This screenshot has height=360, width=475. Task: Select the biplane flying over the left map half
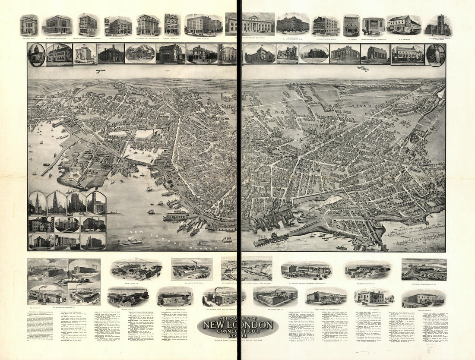pyautogui.click(x=101, y=71)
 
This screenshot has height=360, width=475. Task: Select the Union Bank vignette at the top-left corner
pyautogui.click(x=29, y=25)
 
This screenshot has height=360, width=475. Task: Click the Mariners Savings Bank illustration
pyautogui.click(x=57, y=25)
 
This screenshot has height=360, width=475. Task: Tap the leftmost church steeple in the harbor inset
pyautogui.click(x=37, y=204)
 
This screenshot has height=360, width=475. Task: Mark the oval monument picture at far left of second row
pyautogui.click(x=36, y=55)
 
